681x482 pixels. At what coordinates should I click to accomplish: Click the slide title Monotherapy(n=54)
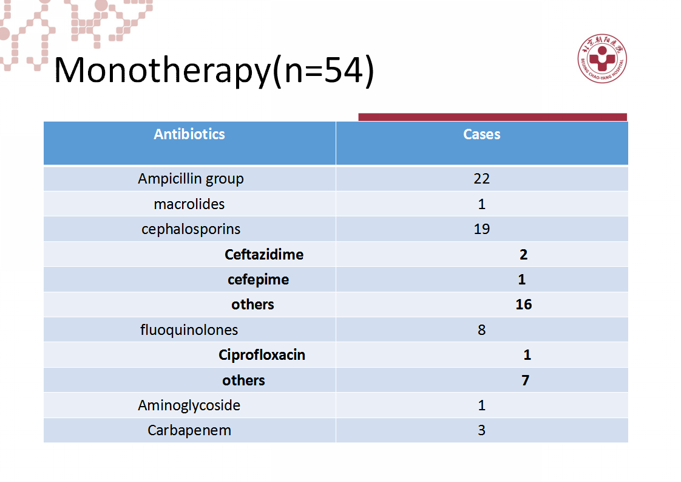[x=214, y=71]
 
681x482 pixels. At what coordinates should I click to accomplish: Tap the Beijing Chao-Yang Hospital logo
[x=602, y=58]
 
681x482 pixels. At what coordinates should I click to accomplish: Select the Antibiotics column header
[x=189, y=134]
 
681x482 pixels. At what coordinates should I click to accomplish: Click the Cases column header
[x=482, y=134]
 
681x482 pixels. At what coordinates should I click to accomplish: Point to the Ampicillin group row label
[x=191, y=179]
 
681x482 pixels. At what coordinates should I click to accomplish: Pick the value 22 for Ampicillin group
[x=482, y=178]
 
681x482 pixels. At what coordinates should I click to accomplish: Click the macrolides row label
[x=189, y=204]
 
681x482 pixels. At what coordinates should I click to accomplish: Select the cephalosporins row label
[x=191, y=229]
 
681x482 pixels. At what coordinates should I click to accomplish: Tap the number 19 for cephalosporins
[x=482, y=229]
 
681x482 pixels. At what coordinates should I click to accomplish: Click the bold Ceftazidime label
[x=264, y=254]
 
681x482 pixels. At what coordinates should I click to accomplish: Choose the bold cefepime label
[x=259, y=280]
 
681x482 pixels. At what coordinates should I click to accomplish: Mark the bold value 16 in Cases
[x=524, y=304]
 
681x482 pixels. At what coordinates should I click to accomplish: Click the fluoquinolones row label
[x=189, y=330]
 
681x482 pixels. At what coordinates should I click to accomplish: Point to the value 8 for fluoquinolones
[x=482, y=330]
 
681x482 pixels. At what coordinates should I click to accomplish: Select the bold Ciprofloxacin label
[x=262, y=355]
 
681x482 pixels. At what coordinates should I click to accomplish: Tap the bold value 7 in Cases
[x=526, y=380]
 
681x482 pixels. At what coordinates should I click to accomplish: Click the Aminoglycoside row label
[x=189, y=405]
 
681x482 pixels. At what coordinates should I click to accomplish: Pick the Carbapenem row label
[x=189, y=430]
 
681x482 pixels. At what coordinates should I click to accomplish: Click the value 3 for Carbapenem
[x=482, y=430]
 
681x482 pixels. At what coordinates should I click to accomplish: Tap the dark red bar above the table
[x=492, y=117]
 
